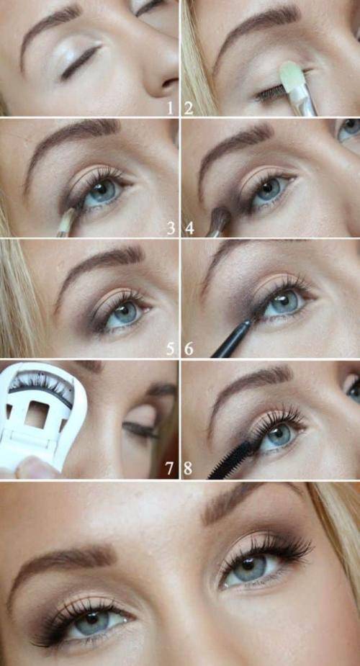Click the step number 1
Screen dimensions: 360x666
tap(170, 109)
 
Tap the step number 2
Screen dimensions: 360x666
tap(189, 109)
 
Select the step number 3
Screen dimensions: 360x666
tap(171, 229)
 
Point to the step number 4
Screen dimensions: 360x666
tap(189, 229)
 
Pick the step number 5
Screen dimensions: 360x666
tap(170, 348)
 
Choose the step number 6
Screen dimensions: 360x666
tap(189, 348)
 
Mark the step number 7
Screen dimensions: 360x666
tap(170, 469)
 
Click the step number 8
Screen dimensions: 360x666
tap(188, 469)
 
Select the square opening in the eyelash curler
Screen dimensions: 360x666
tap(36, 414)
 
